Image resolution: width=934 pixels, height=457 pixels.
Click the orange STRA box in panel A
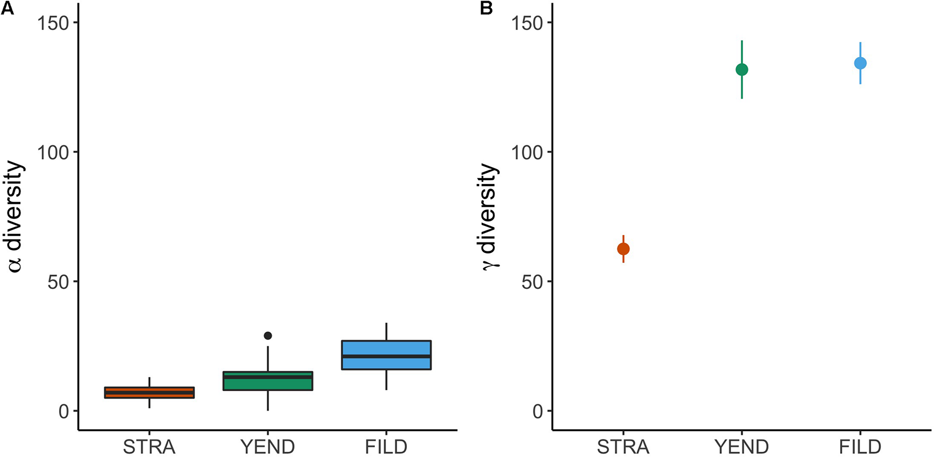(149, 393)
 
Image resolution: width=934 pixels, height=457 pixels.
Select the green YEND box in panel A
(268, 381)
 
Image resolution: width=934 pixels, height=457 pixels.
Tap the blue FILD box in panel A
(386, 355)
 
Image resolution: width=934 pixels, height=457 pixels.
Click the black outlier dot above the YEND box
(268, 336)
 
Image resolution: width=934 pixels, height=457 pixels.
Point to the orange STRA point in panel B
(623, 249)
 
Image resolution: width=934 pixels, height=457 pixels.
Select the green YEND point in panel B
(742, 70)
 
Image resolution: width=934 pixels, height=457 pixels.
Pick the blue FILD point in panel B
(860, 63)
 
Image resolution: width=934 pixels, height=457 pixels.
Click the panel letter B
(486, 8)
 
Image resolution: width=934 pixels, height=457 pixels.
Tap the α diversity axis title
(15, 216)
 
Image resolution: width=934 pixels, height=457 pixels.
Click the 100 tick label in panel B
(527, 152)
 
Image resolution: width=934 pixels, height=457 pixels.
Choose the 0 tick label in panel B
(538, 411)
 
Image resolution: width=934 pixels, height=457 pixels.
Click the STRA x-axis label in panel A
(149, 447)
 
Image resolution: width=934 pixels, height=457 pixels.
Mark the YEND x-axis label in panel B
(742, 447)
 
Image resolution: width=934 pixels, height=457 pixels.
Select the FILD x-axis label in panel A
(386, 447)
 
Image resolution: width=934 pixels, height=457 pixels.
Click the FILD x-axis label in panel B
(860, 447)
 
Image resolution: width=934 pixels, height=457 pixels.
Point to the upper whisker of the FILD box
(386, 332)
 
